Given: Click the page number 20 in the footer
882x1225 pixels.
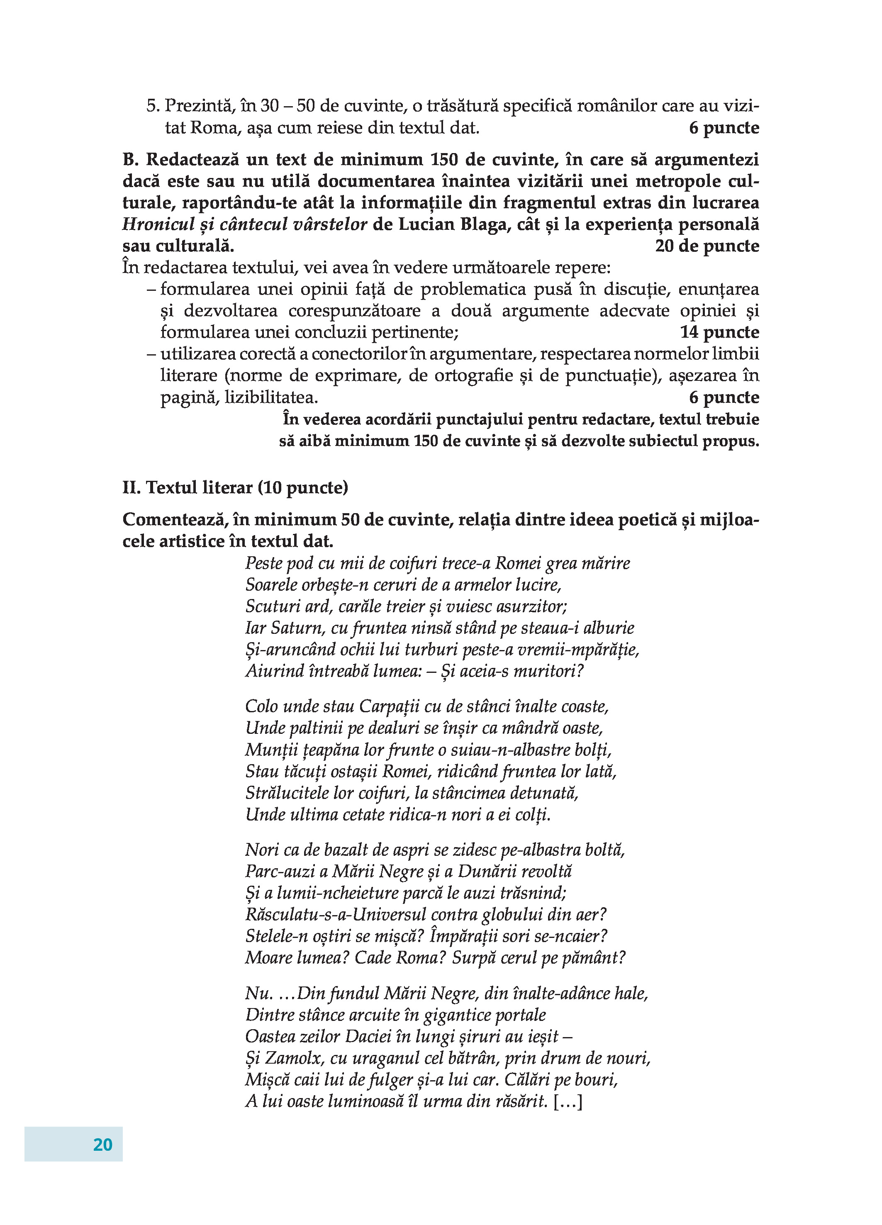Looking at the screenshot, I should (102, 1145).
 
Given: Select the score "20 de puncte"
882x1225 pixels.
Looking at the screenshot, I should (707, 246).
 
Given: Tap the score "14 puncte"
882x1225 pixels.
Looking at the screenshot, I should (719, 332).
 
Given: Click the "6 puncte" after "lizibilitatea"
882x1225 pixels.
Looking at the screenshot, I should (724, 397).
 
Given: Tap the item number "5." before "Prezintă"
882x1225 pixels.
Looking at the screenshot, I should (153, 106).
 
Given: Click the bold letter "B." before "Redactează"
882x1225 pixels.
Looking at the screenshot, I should (131, 160).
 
